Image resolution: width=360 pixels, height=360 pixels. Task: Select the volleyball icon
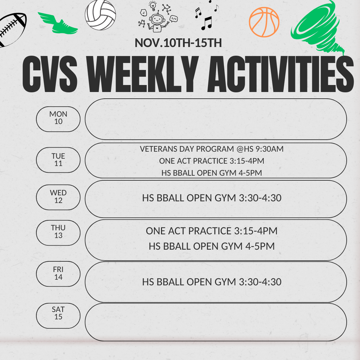(100, 15)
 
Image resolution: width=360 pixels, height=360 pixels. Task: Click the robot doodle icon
(157, 18)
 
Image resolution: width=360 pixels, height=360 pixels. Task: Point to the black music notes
(207, 16)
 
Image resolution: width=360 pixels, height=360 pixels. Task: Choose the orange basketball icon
(264, 22)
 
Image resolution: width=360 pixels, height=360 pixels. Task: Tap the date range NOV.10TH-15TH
(178, 43)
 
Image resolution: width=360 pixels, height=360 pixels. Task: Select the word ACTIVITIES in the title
(280, 75)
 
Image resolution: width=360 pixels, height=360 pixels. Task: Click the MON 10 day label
(58, 118)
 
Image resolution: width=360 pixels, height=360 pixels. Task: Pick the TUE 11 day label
(58, 160)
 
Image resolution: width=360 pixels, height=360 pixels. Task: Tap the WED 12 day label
(58, 197)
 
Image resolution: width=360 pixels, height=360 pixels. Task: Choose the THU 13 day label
(58, 232)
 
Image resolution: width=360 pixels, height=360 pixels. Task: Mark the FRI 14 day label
(58, 274)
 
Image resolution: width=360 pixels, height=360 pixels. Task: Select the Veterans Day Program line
(212, 149)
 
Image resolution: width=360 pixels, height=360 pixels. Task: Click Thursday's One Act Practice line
(212, 231)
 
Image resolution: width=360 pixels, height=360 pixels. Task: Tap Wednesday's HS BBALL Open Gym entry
(212, 198)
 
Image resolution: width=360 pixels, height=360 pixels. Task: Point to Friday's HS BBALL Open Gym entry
(212, 282)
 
